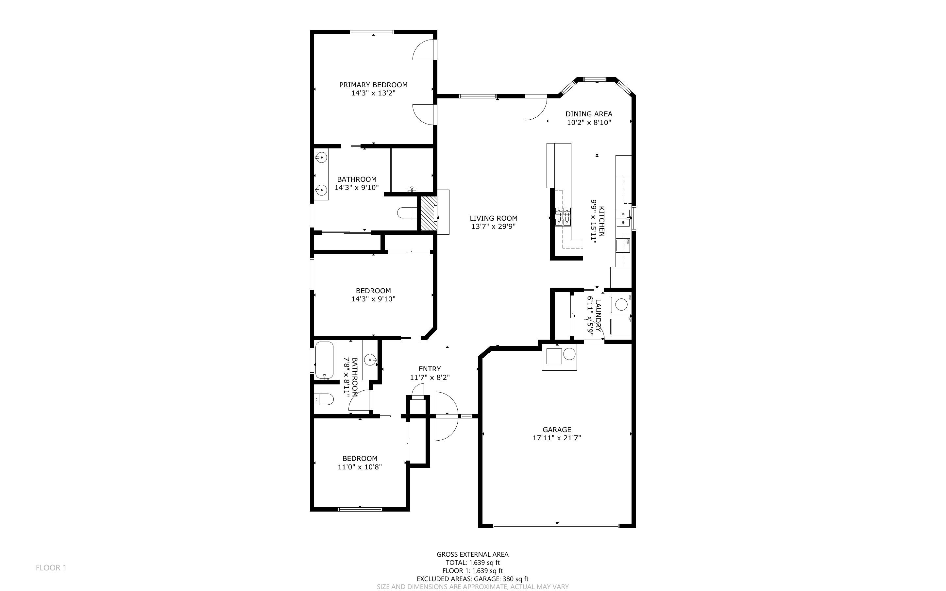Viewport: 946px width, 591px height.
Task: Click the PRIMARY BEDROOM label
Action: click(373, 85)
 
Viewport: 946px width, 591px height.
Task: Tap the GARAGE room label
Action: click(557, 430)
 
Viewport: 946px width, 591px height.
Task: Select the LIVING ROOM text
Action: click(494, 218)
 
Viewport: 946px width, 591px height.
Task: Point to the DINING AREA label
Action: click(589, 114)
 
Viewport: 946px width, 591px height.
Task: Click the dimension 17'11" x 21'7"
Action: click(557, 438)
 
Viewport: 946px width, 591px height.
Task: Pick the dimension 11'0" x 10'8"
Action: click(360, 467)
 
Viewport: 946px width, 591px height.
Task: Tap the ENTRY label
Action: click(430, 369)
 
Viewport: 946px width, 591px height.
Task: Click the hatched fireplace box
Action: click(429, 213)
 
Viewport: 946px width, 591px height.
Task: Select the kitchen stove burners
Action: click(563, 217)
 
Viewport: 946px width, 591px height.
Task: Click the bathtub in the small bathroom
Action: click(324, 360)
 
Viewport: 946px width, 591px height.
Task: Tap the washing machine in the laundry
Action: click(621, 304)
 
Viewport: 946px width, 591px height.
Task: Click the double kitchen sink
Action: click(624, 218)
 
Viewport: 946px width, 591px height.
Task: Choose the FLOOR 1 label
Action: click(51, 567)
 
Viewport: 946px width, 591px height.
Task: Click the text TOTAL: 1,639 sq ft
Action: click(473, 563)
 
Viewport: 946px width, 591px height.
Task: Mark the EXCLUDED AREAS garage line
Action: click(472, 579)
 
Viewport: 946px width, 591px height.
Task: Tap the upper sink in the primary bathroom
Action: click(321, 158)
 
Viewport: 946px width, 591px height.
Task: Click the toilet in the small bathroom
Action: click(324, 399)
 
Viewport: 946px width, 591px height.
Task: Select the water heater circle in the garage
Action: click(569, 354)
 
